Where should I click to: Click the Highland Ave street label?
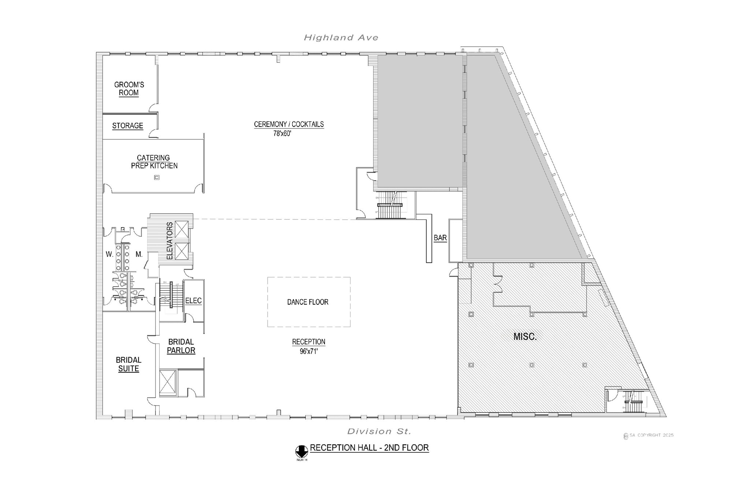341,37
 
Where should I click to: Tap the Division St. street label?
379,431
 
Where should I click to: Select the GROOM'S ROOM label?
129,89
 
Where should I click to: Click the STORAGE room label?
127,126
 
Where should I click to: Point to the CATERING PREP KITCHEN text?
154,162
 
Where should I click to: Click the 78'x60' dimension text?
282,134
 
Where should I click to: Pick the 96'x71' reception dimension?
309,351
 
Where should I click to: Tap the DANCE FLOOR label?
308,302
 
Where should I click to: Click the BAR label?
440,238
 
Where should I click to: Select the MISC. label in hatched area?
525,337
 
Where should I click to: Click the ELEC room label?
193,301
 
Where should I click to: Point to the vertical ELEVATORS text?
170,241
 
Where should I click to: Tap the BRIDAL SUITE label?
129,364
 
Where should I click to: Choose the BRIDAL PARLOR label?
181,346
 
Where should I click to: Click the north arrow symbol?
301,451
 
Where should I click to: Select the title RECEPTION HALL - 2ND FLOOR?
369,448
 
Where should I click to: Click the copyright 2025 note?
649,436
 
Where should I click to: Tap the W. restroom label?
109,254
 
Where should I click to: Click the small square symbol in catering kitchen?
157,177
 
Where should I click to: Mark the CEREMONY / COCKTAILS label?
289,124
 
